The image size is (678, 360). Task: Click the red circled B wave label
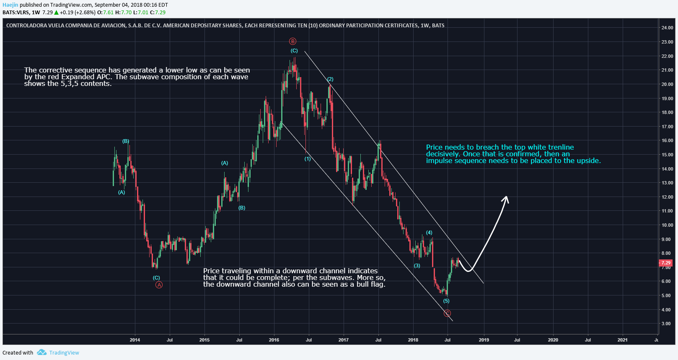tap(292, 41)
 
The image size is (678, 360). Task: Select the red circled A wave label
tap(159, 285)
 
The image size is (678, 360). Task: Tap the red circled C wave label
tap(448, 313)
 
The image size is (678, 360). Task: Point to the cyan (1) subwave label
tap(308, 159)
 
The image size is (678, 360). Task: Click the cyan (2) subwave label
tap(330, 79)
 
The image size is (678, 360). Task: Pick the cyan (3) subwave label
tap(417, 266)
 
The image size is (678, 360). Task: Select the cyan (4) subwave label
tap(429, 233)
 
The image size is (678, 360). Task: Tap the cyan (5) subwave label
tap(446, 301)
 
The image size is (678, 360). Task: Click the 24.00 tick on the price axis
tap(667, 28)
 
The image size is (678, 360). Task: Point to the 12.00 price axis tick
tap(667, 197)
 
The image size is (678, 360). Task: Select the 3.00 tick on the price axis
tap(666, 324)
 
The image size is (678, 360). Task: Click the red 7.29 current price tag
tap(665, 263)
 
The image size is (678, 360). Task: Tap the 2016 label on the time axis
tap(274, 340)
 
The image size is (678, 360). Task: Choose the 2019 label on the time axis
tap(484, 340)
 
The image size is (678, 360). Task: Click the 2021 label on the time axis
tap(622, 340)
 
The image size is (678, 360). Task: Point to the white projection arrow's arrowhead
tap(506, 198)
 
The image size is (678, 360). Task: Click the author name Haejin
tap(10, 5)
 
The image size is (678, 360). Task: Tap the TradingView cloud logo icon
tap(41, 352)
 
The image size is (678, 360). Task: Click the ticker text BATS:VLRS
tap(16, 12)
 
